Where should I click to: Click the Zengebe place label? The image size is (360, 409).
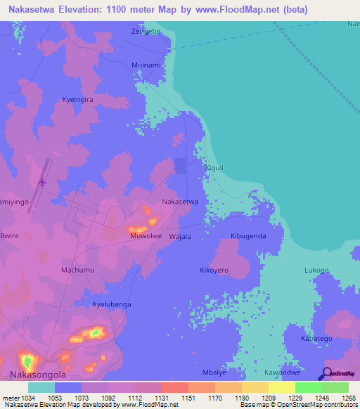coord(147,32)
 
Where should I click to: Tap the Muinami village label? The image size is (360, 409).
coord(146,65)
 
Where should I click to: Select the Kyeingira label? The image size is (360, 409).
coord(78,100)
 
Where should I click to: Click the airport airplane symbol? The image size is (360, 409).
coord(42,181)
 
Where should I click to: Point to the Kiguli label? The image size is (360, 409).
coord(213,168)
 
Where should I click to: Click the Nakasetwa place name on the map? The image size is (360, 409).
coord(180,202)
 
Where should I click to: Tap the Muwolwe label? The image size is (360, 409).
coord(146,236)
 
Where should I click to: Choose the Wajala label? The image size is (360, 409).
coord(180,237)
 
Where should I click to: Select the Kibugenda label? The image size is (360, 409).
coord(248,236)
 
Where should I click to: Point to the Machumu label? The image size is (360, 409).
coord(77,270)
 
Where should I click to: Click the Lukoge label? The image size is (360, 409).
coord(316,270)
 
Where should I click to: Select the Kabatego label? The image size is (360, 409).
coord(316,338)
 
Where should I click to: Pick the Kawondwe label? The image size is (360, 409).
coord(282,372)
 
